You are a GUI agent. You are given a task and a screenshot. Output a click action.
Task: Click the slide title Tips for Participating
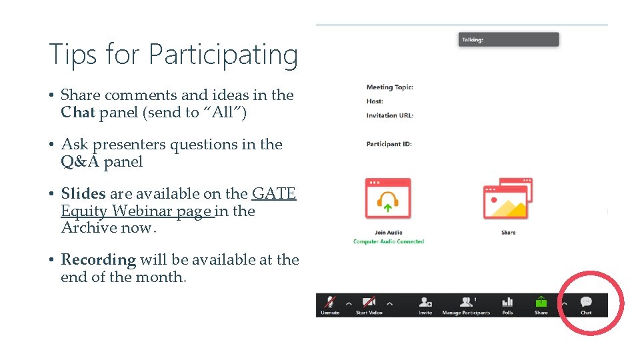coord(173,54)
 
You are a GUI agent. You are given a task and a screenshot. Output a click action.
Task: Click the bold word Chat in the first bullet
coord(78,113)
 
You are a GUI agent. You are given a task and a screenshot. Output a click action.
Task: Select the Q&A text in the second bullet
coord(80,162)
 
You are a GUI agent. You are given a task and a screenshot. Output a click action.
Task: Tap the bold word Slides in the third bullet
coord(83,194)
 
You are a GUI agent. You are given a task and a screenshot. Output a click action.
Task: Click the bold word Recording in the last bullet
coord(98,260)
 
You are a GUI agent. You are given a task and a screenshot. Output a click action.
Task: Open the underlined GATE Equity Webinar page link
coord(137,211)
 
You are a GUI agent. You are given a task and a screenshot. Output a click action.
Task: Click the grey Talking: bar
coord(508,40)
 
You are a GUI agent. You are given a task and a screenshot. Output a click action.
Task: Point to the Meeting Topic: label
coord(389,87)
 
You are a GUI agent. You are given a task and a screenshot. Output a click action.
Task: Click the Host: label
coord(375,101)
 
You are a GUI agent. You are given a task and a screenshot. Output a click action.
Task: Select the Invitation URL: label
coord(389,115)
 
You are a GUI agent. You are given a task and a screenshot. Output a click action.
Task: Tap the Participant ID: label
coord(389,144)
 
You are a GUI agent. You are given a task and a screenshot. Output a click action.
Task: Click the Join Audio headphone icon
coord(389,199)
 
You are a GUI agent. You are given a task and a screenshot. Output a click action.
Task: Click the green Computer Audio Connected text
coord(389,241)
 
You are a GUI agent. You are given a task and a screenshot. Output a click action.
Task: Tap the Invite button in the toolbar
coord(425,305)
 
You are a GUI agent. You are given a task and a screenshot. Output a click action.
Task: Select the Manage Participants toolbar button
coord(466,305)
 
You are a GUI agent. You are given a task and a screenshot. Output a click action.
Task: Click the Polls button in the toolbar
coord(507,305)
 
